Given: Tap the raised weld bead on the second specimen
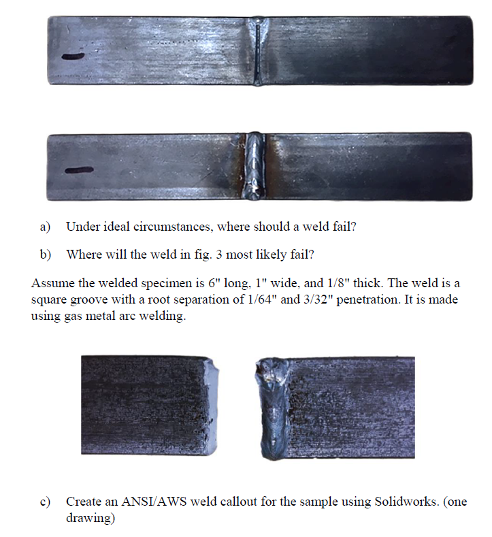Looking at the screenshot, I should click(x=257, y=167).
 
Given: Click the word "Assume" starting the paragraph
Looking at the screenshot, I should click(x=51, y=282).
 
